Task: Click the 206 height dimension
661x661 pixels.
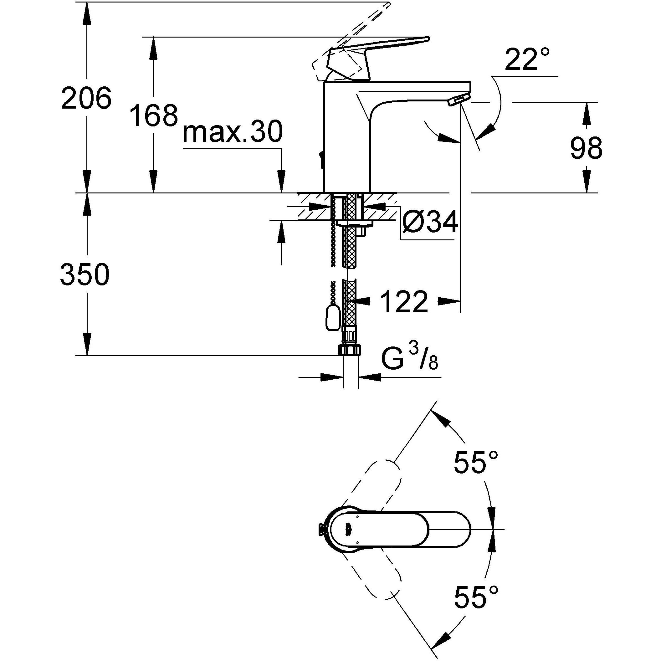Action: (86, 98)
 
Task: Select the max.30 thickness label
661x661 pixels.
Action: (233, 132)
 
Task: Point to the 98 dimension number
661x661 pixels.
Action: (586, 148)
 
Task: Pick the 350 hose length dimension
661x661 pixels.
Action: (85, 275)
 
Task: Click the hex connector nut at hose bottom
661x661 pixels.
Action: (350, 350)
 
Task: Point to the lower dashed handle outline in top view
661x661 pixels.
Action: (373, 578)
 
